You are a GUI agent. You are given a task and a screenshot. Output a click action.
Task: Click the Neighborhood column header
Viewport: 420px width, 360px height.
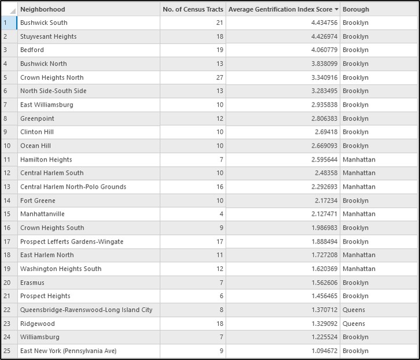click(43, 9)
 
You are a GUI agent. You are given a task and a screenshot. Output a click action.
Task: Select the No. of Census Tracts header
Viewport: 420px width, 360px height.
click(193, 9)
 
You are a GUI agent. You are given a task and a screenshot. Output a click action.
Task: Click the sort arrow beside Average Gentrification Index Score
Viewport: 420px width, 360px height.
click(337, 9)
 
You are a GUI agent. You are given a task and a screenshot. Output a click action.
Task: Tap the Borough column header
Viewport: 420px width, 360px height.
click(355, 9)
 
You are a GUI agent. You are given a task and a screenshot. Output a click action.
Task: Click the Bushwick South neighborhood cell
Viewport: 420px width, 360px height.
click(44, 23)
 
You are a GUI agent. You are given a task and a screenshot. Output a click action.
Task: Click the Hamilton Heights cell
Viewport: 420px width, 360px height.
click(46, 159)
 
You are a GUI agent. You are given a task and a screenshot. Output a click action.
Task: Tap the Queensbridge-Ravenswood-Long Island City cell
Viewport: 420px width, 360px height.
click(86, 310)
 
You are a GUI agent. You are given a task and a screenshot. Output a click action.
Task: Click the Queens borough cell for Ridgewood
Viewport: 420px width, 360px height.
click(353, 324)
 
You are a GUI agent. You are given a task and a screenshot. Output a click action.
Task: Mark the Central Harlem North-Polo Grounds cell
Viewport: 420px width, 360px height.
click(73, 187)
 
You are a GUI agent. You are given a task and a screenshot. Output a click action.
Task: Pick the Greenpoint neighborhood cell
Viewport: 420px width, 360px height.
click(37, 119)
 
